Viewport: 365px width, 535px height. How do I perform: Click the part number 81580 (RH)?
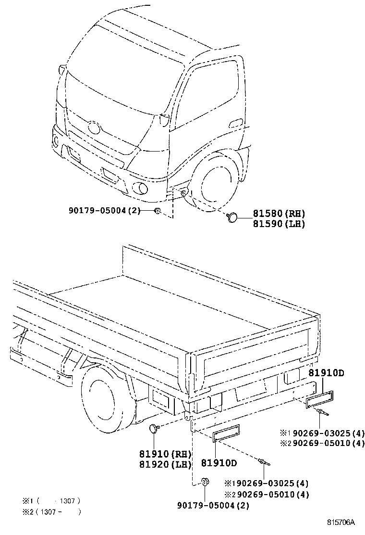click(x=279, y=214)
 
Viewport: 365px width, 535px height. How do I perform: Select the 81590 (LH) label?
click(x=279, y=224)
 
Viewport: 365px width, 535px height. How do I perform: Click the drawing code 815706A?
click(x=341, y=522)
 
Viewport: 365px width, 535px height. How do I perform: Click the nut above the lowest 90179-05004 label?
click(x=205, y=481)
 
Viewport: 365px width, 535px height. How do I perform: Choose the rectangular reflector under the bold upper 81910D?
click(x=320, y=399)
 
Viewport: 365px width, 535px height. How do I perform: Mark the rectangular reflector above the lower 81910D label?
click(x=226, y=432)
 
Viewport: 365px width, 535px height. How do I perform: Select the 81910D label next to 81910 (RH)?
click(x=219, y=463)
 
